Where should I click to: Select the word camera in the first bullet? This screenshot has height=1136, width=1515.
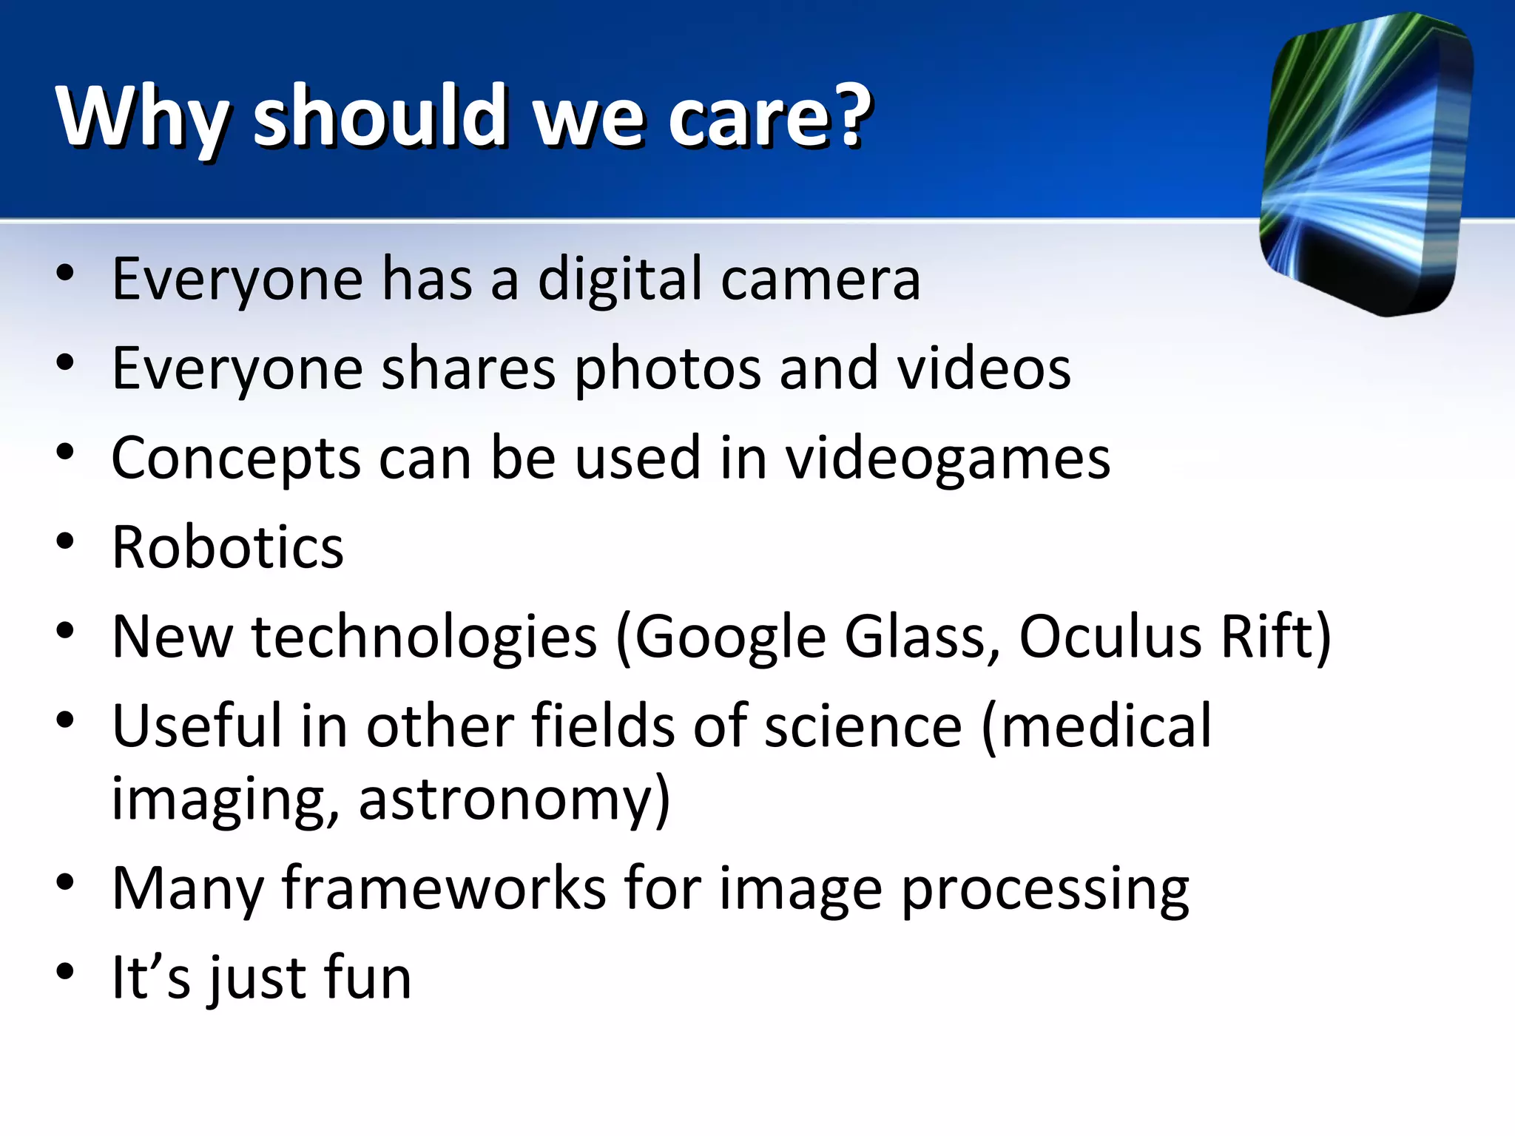[x=820, y=280]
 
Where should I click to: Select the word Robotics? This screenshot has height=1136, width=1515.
[x=228, y=548]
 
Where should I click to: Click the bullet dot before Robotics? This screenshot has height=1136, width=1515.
[x=65, y=541]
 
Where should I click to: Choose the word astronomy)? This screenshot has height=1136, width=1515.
[x=515, y=800]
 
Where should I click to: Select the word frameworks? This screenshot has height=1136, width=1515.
[x=444, y=888]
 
